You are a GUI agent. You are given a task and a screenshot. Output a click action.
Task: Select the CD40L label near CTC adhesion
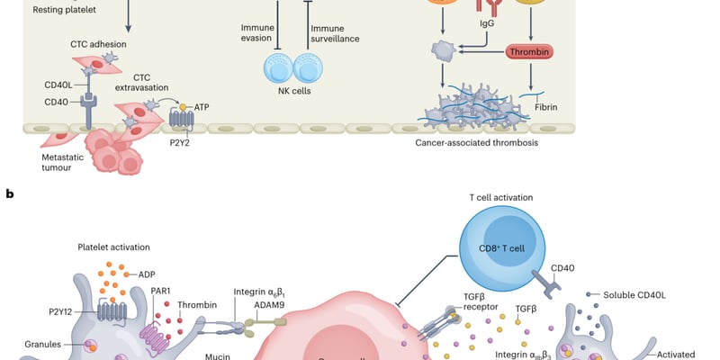58,85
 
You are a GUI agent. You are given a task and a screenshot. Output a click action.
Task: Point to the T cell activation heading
501,197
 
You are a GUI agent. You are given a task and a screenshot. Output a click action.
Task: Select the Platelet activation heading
114,247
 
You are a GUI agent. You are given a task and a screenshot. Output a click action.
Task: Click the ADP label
146,274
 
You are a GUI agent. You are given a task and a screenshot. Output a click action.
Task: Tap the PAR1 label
161,291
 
